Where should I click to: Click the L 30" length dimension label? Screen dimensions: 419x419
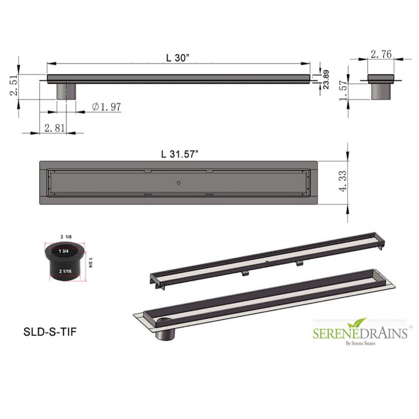(178, 58)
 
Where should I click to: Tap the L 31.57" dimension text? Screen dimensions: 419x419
(180, 154)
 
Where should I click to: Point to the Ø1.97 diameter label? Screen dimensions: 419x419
(106, 107)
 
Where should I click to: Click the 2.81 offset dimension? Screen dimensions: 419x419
(54, 128)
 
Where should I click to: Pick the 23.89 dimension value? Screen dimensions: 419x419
(326, 80)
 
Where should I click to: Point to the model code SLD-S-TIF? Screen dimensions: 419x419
(49, 332)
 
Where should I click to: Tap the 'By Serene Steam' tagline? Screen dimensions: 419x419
(360, 343)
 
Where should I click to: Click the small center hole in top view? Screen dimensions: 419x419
(179, 182)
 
